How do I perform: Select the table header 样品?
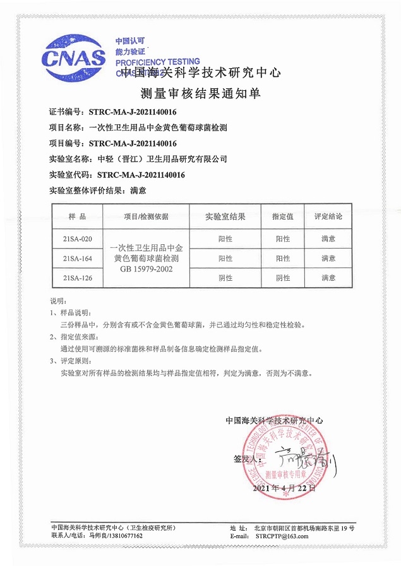pos(76,216)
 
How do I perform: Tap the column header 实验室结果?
pos(225,216)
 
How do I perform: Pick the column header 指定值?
pos(282,216)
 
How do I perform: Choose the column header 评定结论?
pos(328,216)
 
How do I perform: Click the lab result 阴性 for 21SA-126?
pos(225,278)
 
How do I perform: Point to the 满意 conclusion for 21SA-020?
pos(328,239)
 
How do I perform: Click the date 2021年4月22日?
pos(284,488)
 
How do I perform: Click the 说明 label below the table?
pos(57,300)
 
